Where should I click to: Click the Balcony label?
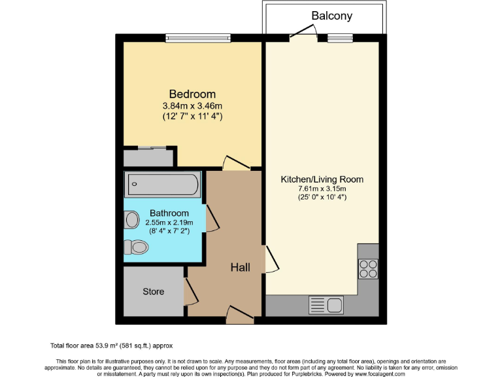click(x=331, y=15)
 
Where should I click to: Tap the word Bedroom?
click(x=192, y=94)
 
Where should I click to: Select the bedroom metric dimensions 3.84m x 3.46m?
click(x=192, y=106)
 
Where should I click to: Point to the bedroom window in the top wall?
click(x=198, y=38)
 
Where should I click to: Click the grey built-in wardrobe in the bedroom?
click(x=149, y=158)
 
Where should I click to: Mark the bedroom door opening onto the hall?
click(x=235, y=163)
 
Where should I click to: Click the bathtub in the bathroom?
click(x=162, y=184)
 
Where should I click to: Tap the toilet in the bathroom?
click(x=136, y=247)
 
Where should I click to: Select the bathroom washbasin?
click(x=131, y=218)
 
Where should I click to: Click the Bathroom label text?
click(x=169, y=213)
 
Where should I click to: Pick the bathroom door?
click(x=211, y=218)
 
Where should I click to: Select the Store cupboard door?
click(x=190, y=291)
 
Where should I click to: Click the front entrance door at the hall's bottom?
click(x=240, y=315)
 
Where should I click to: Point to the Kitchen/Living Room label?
click(x=322, y=179)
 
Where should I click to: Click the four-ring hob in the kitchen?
click(x=368, y=269)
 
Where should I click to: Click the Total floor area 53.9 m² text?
click(x=112, y=345)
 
